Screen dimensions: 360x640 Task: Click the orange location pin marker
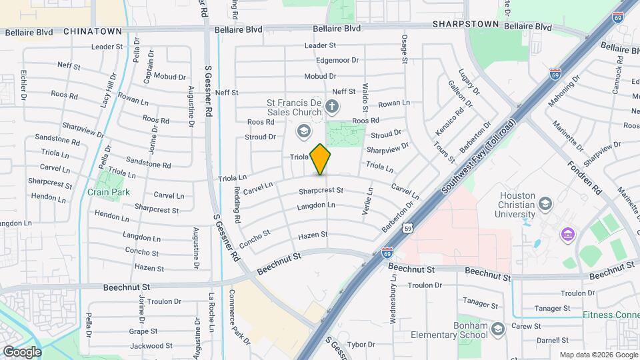321,159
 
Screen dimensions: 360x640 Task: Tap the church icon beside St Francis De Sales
332,107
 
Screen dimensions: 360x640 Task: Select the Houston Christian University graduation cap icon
545,203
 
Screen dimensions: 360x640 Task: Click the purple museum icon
568,235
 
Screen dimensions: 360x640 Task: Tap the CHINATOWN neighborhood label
93,31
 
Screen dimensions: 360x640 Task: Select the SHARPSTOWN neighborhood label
465,24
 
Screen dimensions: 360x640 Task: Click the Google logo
21,351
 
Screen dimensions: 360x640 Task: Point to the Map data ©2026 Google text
598,355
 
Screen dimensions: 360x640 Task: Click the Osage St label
404,50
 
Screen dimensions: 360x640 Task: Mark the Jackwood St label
147,346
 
